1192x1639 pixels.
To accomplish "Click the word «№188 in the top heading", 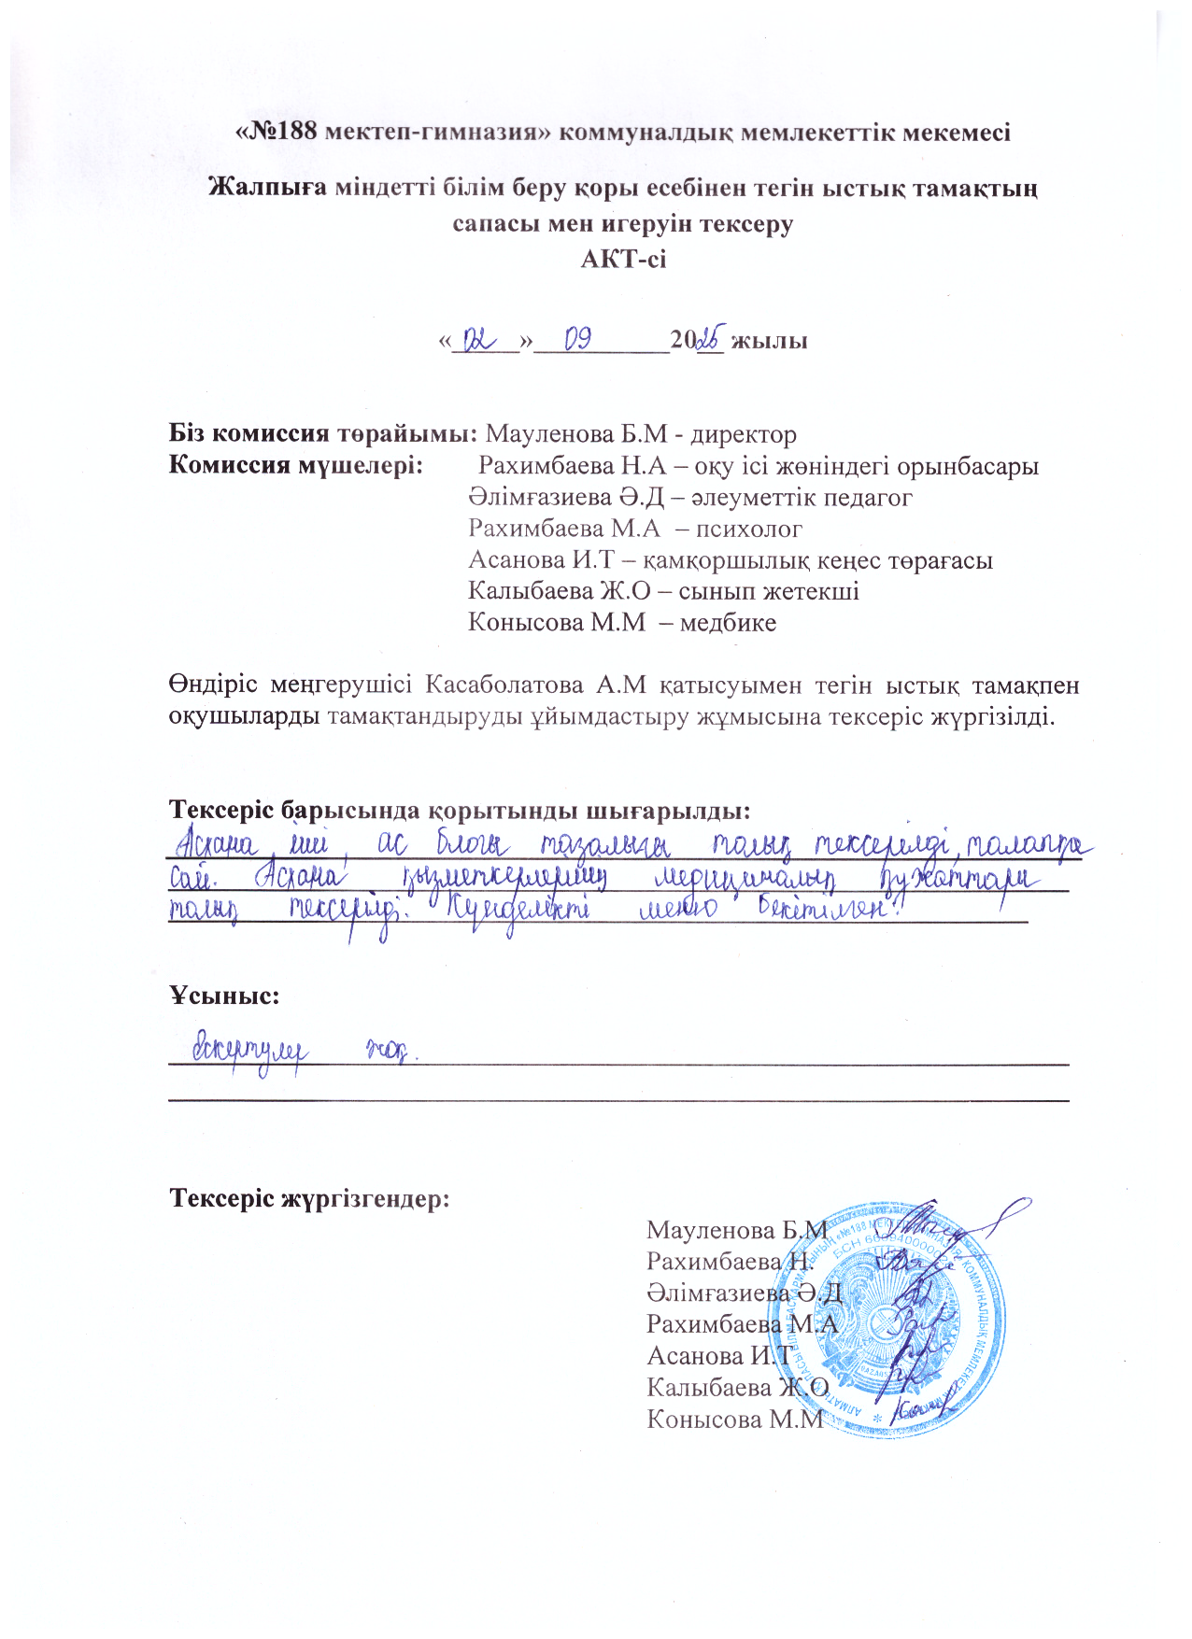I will [276, 132].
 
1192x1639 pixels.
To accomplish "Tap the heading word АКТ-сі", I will [623, 259].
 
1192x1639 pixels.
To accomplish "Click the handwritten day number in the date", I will [482, 340].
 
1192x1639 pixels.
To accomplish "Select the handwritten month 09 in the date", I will [577, 340].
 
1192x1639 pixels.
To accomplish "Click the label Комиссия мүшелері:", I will [294, 465].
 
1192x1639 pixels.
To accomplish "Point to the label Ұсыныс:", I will [224, 996].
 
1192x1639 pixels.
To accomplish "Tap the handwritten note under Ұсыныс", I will [299, 1051].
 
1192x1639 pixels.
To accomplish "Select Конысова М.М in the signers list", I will [736, 1419].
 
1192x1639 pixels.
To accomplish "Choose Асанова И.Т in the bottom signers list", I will [719, 1355].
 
